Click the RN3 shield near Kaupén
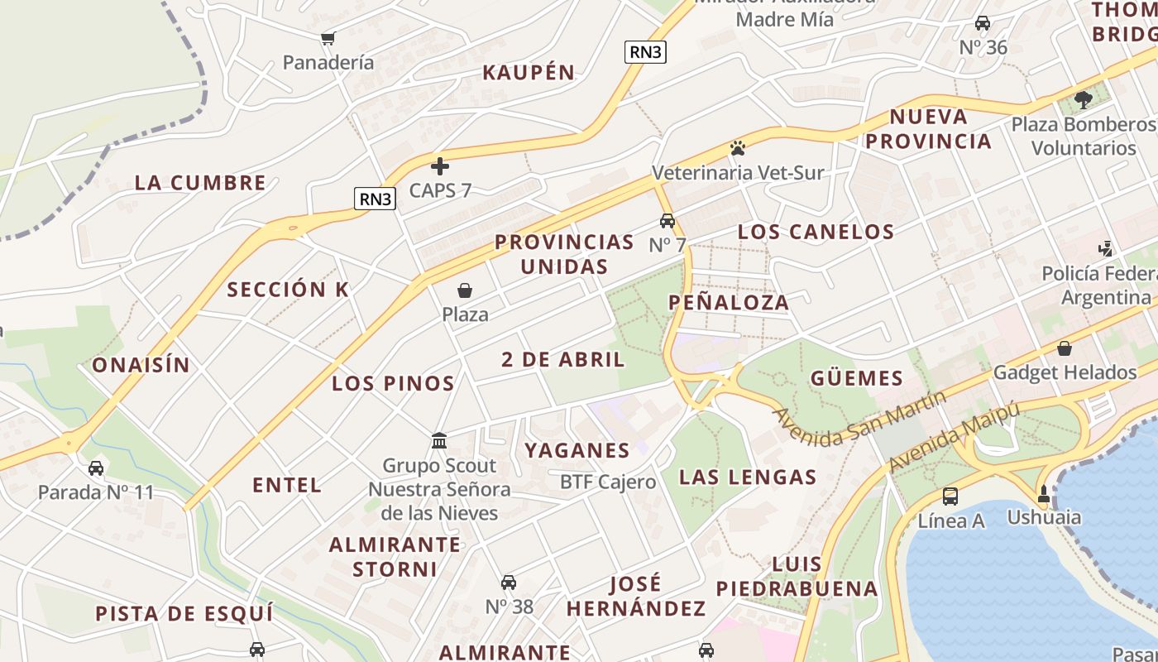[x=645, y=52]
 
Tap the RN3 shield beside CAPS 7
[x=375, y=199]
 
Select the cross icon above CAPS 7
[x=440, y=166]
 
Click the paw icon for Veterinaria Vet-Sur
[x=737, y=149]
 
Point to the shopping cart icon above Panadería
[x=328, y=38]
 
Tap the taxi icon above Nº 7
[x=668, y=221]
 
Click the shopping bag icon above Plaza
[x=465, y=290]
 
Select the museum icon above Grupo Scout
[x=439, y=440]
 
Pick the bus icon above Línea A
[x=950, y=496]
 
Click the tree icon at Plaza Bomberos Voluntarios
[x=1083, y=100]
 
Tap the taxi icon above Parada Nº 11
[x=96, y=468]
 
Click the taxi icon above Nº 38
[x=509, y=583]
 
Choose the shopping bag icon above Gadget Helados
[x=1065, y=348]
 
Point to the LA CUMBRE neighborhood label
[x=200, y=183]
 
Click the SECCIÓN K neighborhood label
[x=288, y=290]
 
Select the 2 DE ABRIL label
[x=563, y=360]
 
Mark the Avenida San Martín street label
[x=860, y=419]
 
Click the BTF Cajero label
[x=608, y=482]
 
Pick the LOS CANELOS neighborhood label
[x=816, y=232]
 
